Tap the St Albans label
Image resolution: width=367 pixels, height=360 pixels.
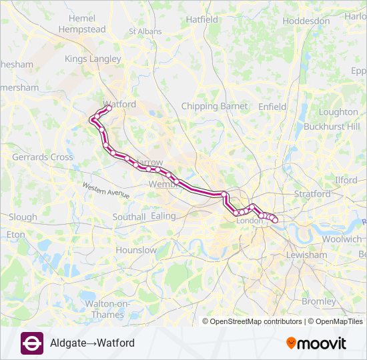(145, 31)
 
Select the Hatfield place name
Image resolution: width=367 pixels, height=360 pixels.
(202, 20)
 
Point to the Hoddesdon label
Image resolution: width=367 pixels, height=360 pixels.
(306, 21)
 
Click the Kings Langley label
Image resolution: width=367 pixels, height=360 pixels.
(93, 59)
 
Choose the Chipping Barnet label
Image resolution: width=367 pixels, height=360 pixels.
(214, 106)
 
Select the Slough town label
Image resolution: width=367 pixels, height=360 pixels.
(23, 217)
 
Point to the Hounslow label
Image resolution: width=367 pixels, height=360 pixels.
(136, 250)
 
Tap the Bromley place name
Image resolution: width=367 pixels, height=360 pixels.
(319, 301)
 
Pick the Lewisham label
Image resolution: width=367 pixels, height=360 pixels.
(306, 255)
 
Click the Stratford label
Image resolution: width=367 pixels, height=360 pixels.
(312, 194)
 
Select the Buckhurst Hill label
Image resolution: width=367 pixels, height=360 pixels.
(332, 126)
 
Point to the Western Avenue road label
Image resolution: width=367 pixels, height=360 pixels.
(105, 189)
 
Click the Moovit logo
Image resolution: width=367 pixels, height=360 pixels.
(316, 343)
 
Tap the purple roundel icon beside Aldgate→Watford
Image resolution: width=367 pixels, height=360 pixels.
(32, 343)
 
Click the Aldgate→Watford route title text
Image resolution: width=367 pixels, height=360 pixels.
(92, 343)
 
